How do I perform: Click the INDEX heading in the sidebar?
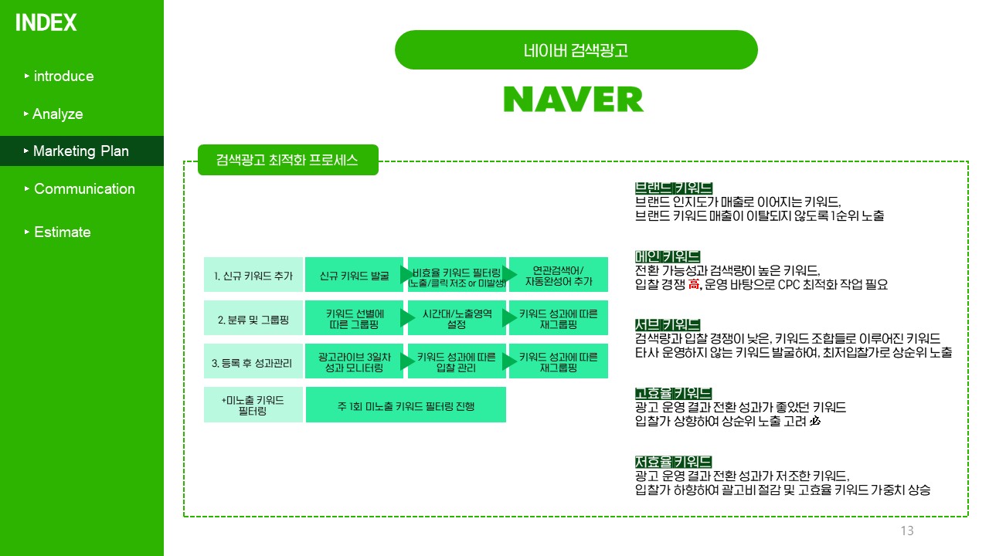46,23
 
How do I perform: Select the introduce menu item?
63,76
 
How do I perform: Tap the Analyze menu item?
57,114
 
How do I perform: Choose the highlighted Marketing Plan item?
80,151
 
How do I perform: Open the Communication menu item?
83,189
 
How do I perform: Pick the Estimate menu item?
62,232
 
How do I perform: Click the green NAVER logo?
573,100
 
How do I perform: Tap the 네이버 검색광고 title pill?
576,50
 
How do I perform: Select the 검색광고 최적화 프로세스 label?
287,161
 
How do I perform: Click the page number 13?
907,531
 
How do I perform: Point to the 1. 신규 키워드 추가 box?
253,275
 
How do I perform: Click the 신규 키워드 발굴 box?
354,275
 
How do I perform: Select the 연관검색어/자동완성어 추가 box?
559,275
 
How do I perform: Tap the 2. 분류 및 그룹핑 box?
253,318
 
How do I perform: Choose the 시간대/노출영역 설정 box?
457,318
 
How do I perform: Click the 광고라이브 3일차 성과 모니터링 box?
354,361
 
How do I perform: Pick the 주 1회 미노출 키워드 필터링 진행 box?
406,405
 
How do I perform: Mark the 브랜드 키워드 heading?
673,188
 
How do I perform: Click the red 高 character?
692,284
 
